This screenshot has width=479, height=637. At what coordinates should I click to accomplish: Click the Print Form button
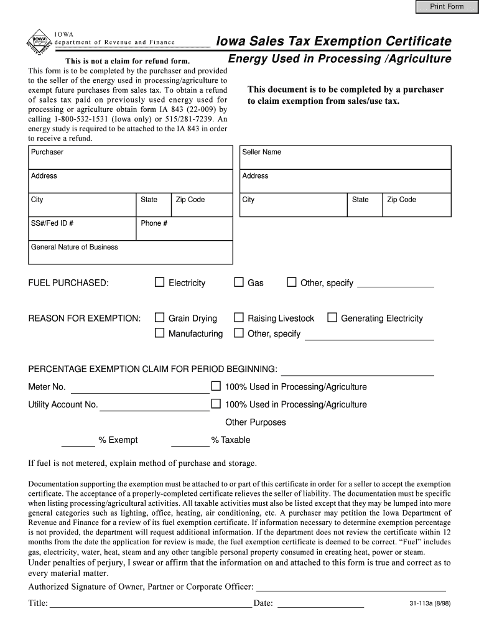447,7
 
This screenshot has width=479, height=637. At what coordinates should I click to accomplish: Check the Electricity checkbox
159,282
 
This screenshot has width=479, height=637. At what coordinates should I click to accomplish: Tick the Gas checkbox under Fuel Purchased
238,282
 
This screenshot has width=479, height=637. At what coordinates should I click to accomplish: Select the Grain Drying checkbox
159,318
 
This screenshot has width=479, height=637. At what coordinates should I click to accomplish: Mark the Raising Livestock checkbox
238,318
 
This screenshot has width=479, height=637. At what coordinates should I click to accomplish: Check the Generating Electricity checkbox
332,318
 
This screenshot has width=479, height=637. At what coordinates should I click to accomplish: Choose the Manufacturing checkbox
159,333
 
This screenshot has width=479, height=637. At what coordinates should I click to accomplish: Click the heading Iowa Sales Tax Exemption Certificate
333,41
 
